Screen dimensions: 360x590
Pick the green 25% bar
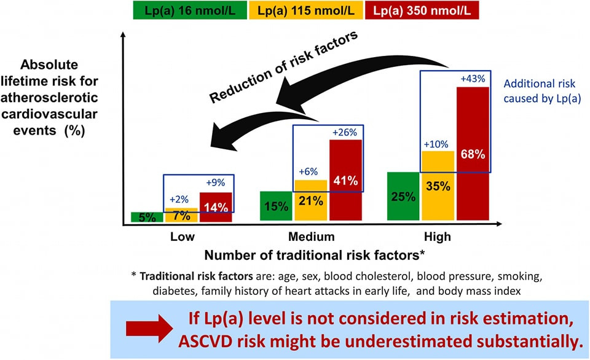click(403, 197)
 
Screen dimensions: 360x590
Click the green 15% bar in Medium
click(276, 206)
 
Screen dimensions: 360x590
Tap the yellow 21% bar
click(310, 201)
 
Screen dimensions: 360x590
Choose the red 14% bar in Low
click(215, 208)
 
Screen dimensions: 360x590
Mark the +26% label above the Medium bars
click(345, 132)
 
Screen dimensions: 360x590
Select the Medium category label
click(312, 237)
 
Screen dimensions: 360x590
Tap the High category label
click(437, 237)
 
